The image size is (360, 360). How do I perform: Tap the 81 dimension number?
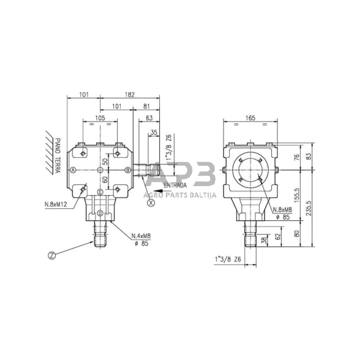146,106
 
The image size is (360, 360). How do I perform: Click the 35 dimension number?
153,132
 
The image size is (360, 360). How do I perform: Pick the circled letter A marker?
73,170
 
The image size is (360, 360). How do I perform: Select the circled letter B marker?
127,170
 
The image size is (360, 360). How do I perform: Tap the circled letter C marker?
100,192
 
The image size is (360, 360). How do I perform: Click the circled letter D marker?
100,213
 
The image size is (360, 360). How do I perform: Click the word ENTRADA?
176,184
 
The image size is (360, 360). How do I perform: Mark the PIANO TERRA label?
58,156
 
